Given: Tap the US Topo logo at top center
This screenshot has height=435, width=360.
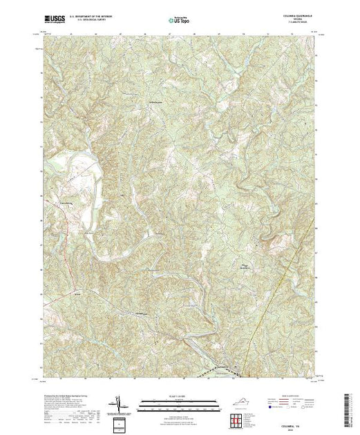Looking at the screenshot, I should click(179, 22).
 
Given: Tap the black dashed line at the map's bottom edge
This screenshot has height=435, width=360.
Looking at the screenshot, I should click(207, 374).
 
